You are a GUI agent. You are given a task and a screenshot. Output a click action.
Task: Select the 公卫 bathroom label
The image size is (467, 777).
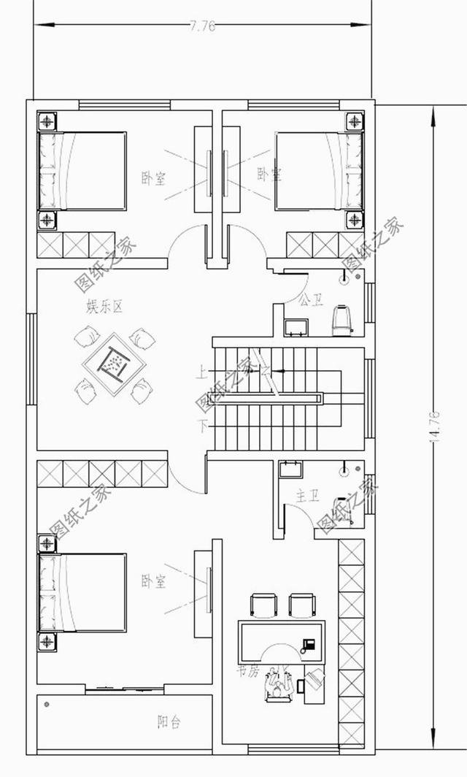312,299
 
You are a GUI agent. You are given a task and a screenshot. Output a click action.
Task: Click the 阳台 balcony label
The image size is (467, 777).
169,722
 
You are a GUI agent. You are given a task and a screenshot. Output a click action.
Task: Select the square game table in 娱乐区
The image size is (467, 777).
114,363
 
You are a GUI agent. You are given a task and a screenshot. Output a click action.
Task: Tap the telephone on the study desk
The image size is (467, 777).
308,645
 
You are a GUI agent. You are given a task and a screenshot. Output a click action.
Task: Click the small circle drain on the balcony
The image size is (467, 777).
47,704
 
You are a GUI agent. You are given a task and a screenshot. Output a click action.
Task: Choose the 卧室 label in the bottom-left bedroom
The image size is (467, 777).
153,581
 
